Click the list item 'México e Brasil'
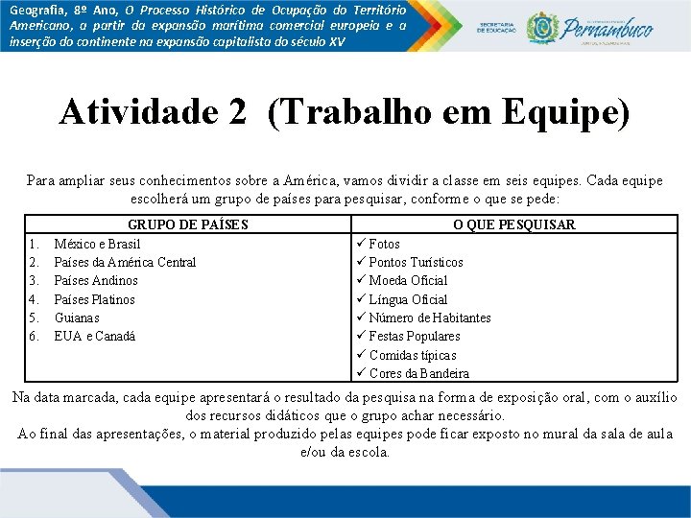[97, 244]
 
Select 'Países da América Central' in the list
[125, 262]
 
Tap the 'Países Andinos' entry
[96, 280]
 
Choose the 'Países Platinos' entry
[95, 299]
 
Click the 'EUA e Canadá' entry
[95, 336]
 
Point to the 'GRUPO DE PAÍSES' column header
[188, 224]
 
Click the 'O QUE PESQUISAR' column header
[513, 224]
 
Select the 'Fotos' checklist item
[385, 244]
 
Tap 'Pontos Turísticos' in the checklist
[416, 262]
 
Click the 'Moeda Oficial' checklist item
[408, 280]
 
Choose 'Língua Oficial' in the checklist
[408, 299]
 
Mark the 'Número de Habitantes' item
[430, 318]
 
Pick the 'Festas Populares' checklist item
[415, 336]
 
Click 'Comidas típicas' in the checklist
[413, 355]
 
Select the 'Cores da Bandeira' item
[419, 373]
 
